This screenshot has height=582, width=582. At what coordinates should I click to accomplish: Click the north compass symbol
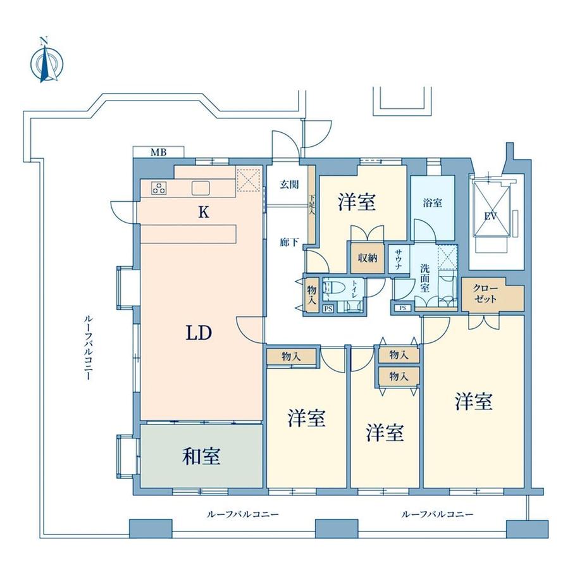coord(45,61)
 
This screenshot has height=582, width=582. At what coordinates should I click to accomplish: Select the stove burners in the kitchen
coord(159,187)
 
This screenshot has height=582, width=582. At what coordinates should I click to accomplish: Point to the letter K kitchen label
coord(203,213)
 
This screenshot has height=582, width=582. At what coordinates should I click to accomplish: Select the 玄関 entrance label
coord(290,185)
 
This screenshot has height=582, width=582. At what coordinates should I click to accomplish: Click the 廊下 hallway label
coord(289,242)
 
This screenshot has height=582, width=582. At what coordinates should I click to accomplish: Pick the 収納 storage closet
coord(367,257)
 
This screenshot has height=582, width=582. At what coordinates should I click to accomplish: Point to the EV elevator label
coord(490,216)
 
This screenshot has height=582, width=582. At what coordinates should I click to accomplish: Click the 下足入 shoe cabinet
coord(311,201)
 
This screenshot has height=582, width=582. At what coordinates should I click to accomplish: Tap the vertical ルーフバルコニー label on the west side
coord(87,347)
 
